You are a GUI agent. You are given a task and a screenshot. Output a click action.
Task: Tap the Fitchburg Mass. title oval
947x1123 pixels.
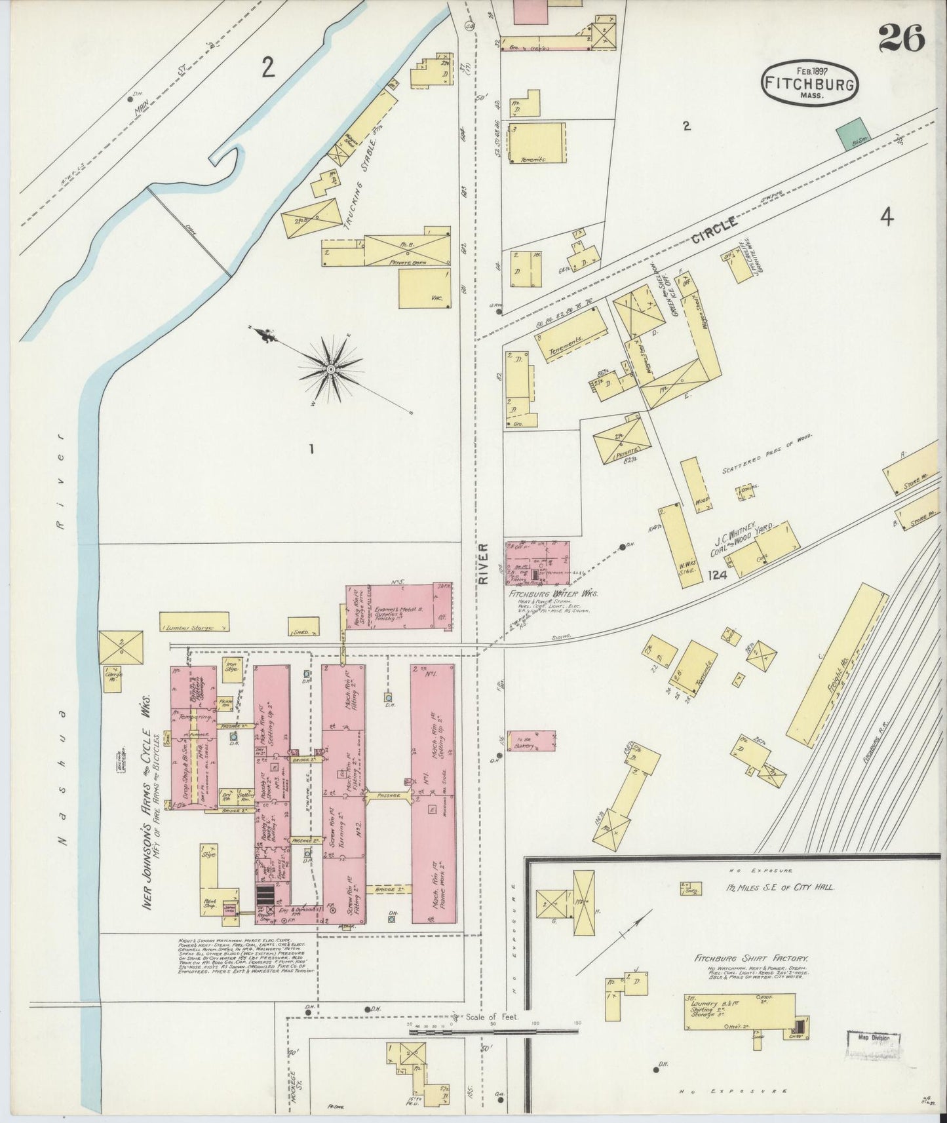(x=811, y=84)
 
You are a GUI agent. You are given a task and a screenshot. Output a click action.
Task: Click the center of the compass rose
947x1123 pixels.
(x=331, y=370)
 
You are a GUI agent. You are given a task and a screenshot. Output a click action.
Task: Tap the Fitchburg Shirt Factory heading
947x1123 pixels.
(x=752, y=957)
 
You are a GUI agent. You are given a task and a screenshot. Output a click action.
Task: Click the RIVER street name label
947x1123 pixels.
(x=484, y=563)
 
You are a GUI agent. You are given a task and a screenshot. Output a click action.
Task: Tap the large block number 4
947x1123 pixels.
(x=886, y=218)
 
